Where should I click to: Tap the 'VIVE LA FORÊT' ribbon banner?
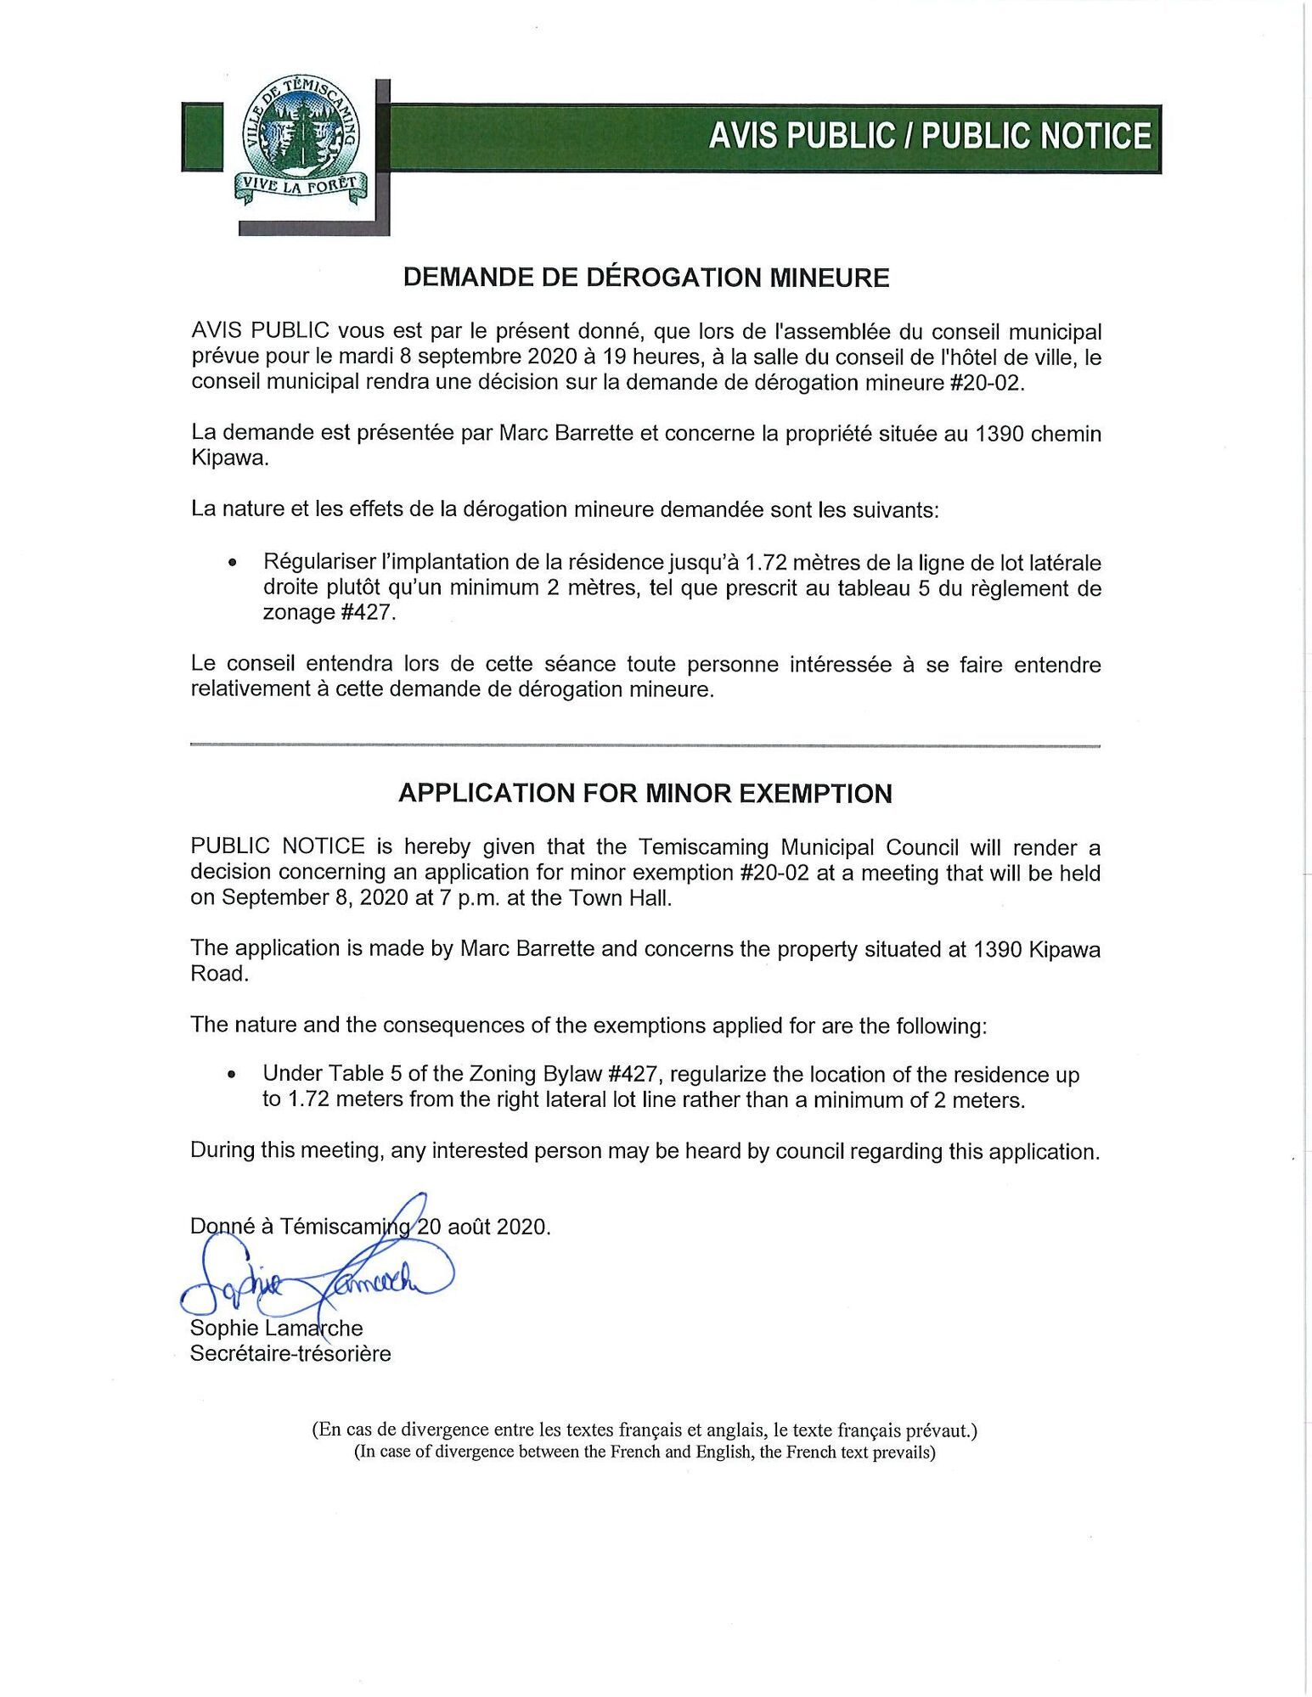tap(301, 185)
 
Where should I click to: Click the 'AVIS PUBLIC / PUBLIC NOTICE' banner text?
tap(930, 137)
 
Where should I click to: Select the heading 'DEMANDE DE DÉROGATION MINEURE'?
tap(645, 278)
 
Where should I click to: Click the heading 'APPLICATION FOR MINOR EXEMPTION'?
tap(645, 794)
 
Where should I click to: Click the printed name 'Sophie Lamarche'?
tap(276, 1328)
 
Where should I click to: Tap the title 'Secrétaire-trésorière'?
tap(290, 1353)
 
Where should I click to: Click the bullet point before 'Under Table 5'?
tap(231, 1075)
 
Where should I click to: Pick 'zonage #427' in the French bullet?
tap(329, 612)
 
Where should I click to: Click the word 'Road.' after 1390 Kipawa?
tap(220, 973)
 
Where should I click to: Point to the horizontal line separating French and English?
tap(645, 745)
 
